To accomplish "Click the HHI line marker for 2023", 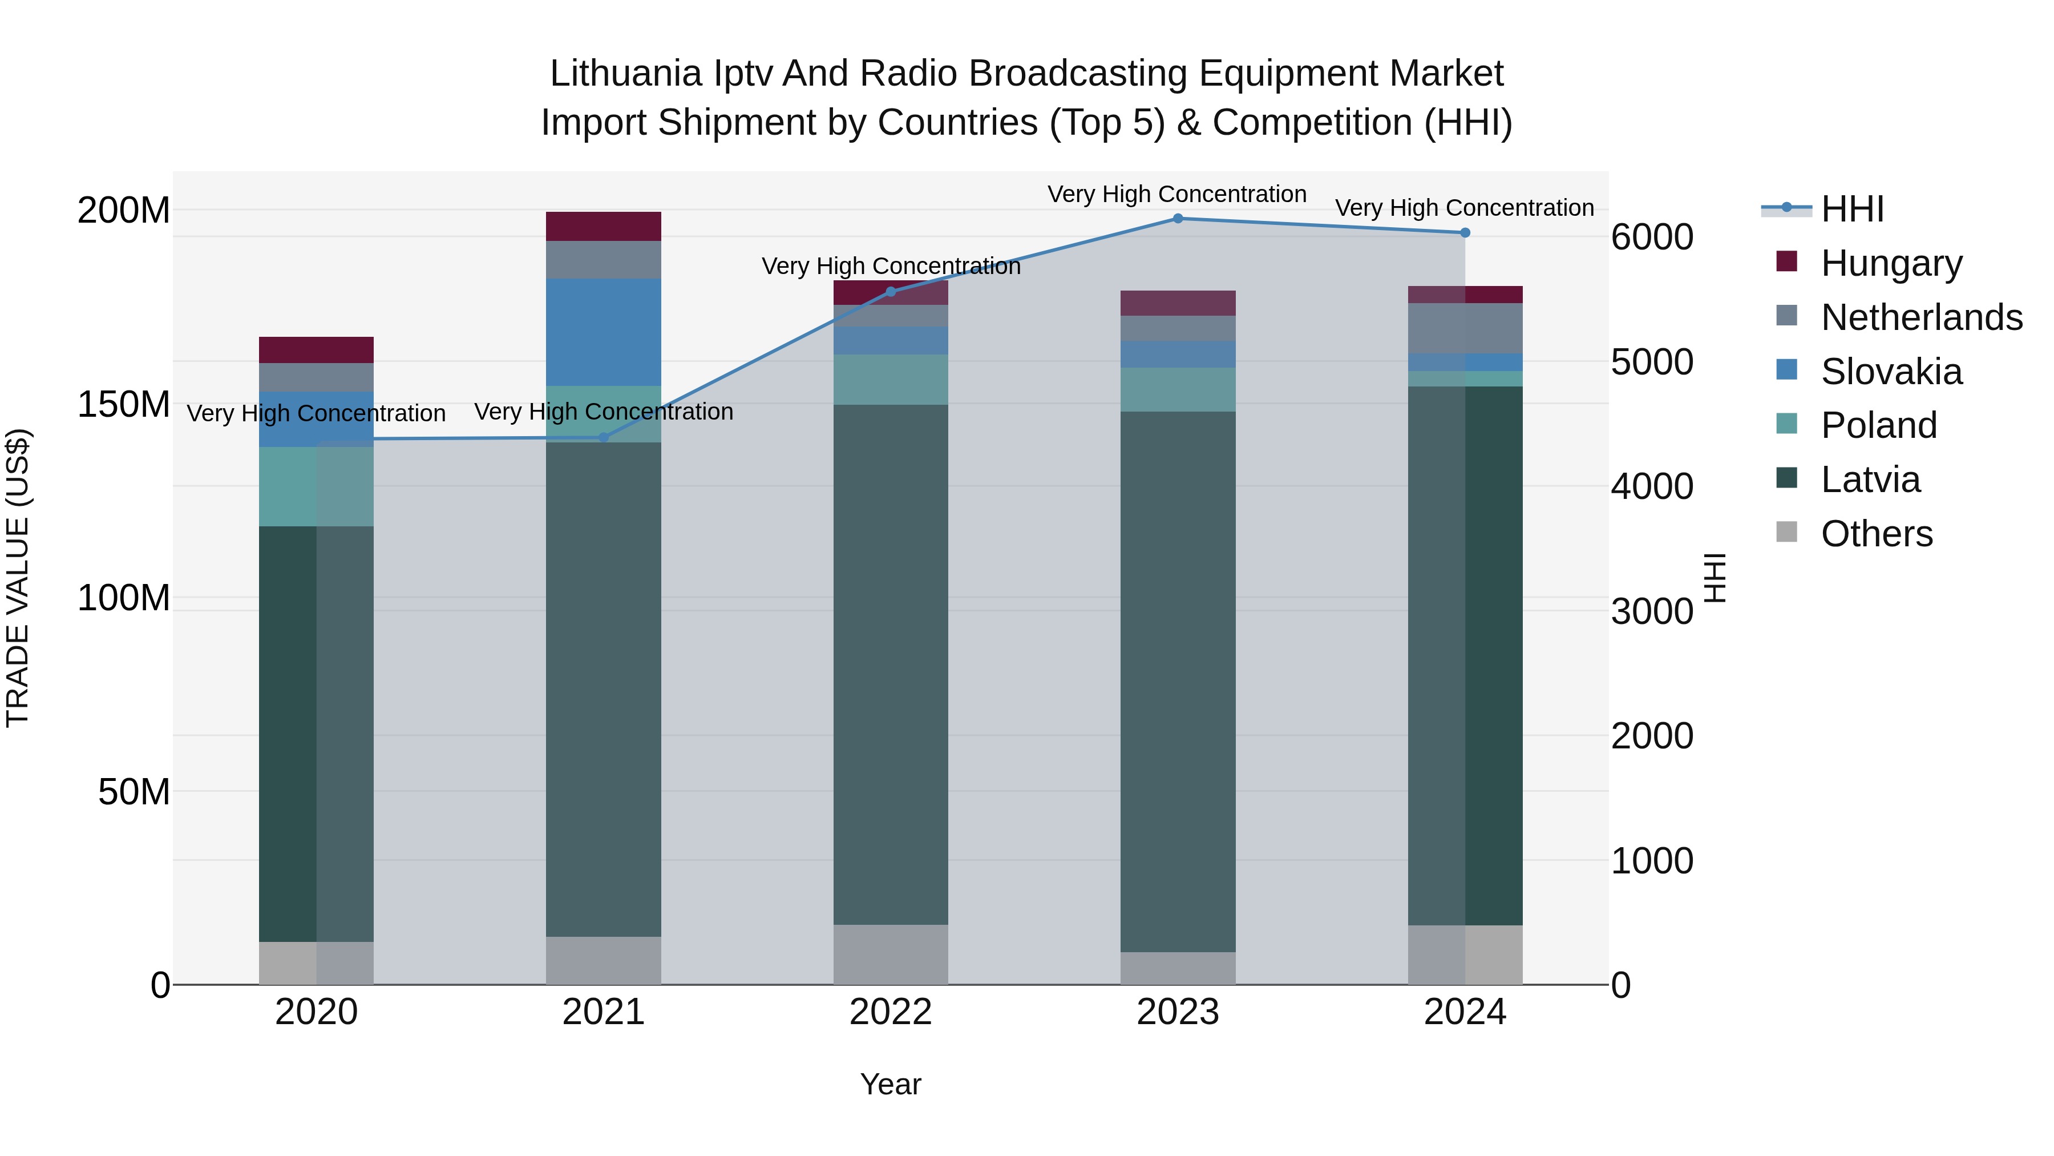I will tap(1178, 219).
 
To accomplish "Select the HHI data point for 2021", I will tap(604, 437).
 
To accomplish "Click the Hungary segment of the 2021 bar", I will tap(604, 227).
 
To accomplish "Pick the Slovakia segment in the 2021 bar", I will tap(604, 332).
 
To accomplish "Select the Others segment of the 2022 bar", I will tap(891, 954).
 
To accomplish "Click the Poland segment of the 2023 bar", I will tap(1178, 389).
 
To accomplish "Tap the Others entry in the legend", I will tap(1876, 533).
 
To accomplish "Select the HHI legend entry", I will tap(1851, 209).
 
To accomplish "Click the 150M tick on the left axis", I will tap(124, 405).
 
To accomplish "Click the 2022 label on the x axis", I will tap(891, 1012).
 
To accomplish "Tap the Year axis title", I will tap(891, 1084).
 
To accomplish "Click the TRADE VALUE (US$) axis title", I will tap(18, 578).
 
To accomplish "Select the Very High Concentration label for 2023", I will tap(1177, 194).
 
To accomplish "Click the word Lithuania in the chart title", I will tap(626, 74).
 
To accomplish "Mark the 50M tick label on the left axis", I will tap(134, 792).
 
